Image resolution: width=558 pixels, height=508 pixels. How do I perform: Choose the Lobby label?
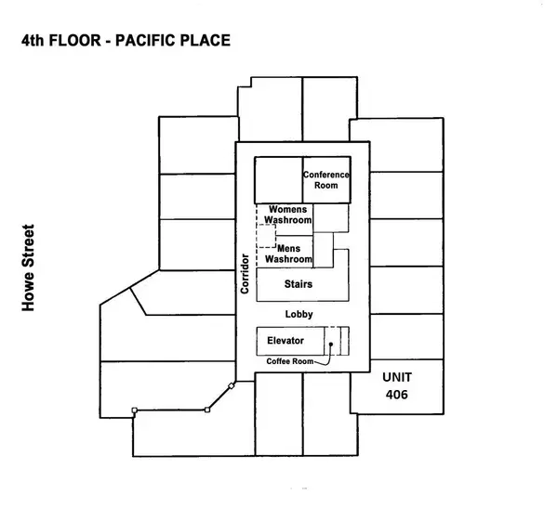click(x=299, y=315)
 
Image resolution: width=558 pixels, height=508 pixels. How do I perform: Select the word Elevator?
click(x=285, y=341)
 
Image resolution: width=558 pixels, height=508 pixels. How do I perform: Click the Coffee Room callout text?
click(x=291, y=361)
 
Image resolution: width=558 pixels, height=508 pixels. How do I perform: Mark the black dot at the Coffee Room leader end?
click(x=330, y=343)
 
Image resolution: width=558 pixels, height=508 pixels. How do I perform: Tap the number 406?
click(x=397, y=395)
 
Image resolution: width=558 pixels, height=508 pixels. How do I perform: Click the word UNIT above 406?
click(x=397, y=378)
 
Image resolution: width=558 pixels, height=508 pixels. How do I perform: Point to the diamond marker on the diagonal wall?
click(x=230, y=385)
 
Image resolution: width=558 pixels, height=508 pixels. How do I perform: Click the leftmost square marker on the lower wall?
click(x=135, y=410)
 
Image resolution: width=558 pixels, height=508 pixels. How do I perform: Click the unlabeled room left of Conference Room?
click(x=279, y=179)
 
